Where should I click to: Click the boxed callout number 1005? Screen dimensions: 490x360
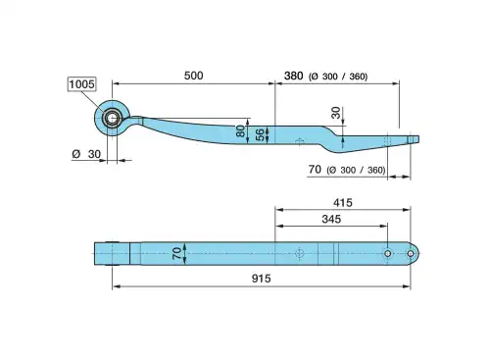pyautogui.click(x=81, y=84)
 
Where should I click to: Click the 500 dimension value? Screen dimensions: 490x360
pyautogui.click(x=193, y=76)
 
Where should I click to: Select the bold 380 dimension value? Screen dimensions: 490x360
pyautogui.click(x=293, y=76)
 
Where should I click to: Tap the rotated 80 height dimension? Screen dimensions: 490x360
pyautogui.click(x=240, y=131)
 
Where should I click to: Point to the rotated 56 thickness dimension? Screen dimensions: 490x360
pyautogui.click(x=260, y=134)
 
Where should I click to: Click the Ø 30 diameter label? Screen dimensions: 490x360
pyautogui.click(x=86, y=154)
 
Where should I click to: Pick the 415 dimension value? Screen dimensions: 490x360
pyautogui.click(x=343, y=203)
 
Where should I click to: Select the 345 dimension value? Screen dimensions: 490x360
pyautogui.click(x=331, y=219)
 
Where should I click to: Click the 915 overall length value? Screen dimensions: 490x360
pyautogui.click(x=261, y=279)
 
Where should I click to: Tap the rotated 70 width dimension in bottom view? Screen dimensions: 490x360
pyautogui.click(x=176, y=253)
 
